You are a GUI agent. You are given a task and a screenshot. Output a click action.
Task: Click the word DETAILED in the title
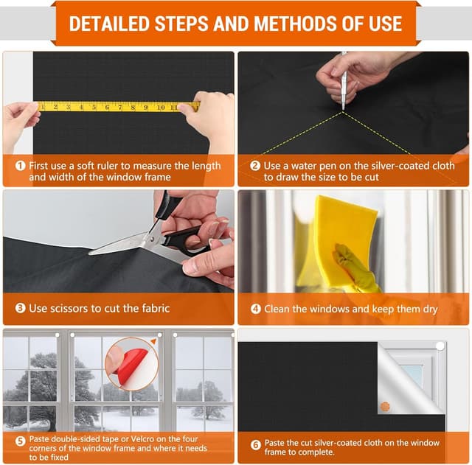[110, 24]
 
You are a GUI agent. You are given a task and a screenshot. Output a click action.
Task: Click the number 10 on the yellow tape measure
[161, 108]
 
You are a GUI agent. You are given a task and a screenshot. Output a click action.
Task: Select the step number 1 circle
[20, 165]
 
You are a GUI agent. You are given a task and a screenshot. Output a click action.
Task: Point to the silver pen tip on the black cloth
[343, 108]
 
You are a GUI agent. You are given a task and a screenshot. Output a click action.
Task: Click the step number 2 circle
[255, 166]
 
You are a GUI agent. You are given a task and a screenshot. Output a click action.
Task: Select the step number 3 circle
[20, 308]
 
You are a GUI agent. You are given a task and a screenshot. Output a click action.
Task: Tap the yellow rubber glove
[356, 268]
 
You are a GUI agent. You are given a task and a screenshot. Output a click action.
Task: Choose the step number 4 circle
[256, 309]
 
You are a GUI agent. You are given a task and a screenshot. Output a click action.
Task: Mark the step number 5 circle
[20, 441]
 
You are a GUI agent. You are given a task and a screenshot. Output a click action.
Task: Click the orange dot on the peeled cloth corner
[385, 407]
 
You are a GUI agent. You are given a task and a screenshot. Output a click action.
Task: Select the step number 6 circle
[256, 445]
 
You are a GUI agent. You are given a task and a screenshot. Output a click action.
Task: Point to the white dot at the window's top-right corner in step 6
[440, 346]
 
